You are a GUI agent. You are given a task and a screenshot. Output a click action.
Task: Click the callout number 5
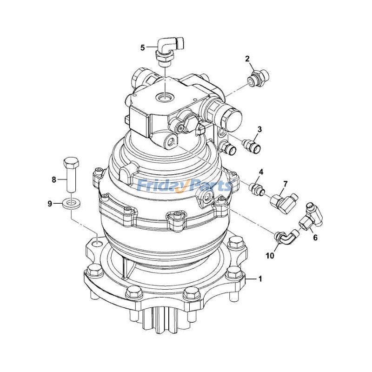click(143, 46)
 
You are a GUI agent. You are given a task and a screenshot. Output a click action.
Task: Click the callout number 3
click(260, 129)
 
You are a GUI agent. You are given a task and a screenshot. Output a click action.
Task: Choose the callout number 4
click(261, 172)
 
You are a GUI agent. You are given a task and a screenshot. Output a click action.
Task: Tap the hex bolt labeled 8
click(71, 174)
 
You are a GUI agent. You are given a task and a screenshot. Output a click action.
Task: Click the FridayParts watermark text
click(185, 186)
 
